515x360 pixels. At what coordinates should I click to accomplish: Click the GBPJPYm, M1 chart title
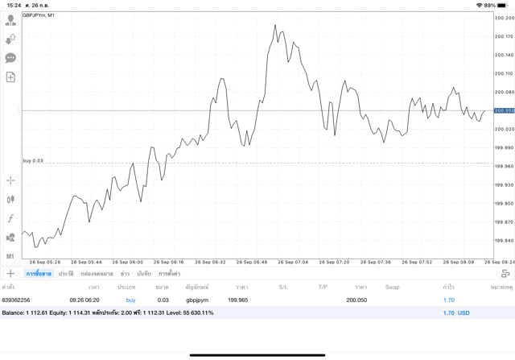[x=39, y=15]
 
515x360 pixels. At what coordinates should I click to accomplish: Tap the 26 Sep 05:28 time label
[x=45, y=262]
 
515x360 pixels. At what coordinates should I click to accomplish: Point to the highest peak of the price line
[x=276, y=26]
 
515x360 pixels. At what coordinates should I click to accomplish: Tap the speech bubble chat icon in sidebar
[x=10, y=58]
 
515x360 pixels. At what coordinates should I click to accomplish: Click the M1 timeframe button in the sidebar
[x=10, y=256]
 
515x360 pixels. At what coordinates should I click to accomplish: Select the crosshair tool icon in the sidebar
[x=10, y=180]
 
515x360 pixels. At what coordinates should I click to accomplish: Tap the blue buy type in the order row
[x=130, y=300]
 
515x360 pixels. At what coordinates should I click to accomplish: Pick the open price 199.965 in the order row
[x=238, y=300]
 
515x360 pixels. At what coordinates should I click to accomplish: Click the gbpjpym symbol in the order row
[x=197, y=300]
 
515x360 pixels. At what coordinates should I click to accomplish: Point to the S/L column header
[x=283, y=287]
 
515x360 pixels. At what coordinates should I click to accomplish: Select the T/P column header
[x=323, y=287]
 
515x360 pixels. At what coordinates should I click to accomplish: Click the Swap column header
[x=392, y=287]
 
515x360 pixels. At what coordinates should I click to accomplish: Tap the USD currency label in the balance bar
[x=463, y=312]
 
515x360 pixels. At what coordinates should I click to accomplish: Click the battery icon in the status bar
[x=503, y=5]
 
